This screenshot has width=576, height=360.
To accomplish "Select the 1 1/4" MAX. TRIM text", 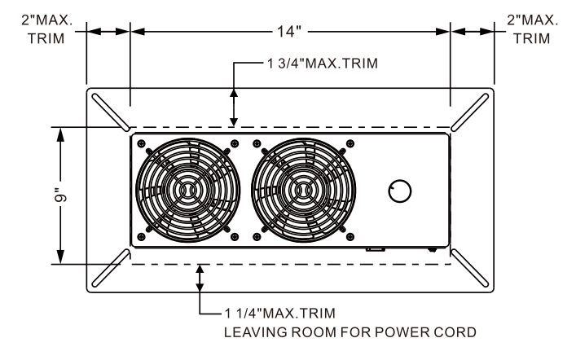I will click(x=277, y=314).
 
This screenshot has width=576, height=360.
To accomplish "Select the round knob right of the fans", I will click(x=400, y=191).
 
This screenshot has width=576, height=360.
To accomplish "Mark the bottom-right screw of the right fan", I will click(x=350, y=237).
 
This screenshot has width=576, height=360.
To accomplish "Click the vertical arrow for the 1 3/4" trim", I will click(x=235, y=105).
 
